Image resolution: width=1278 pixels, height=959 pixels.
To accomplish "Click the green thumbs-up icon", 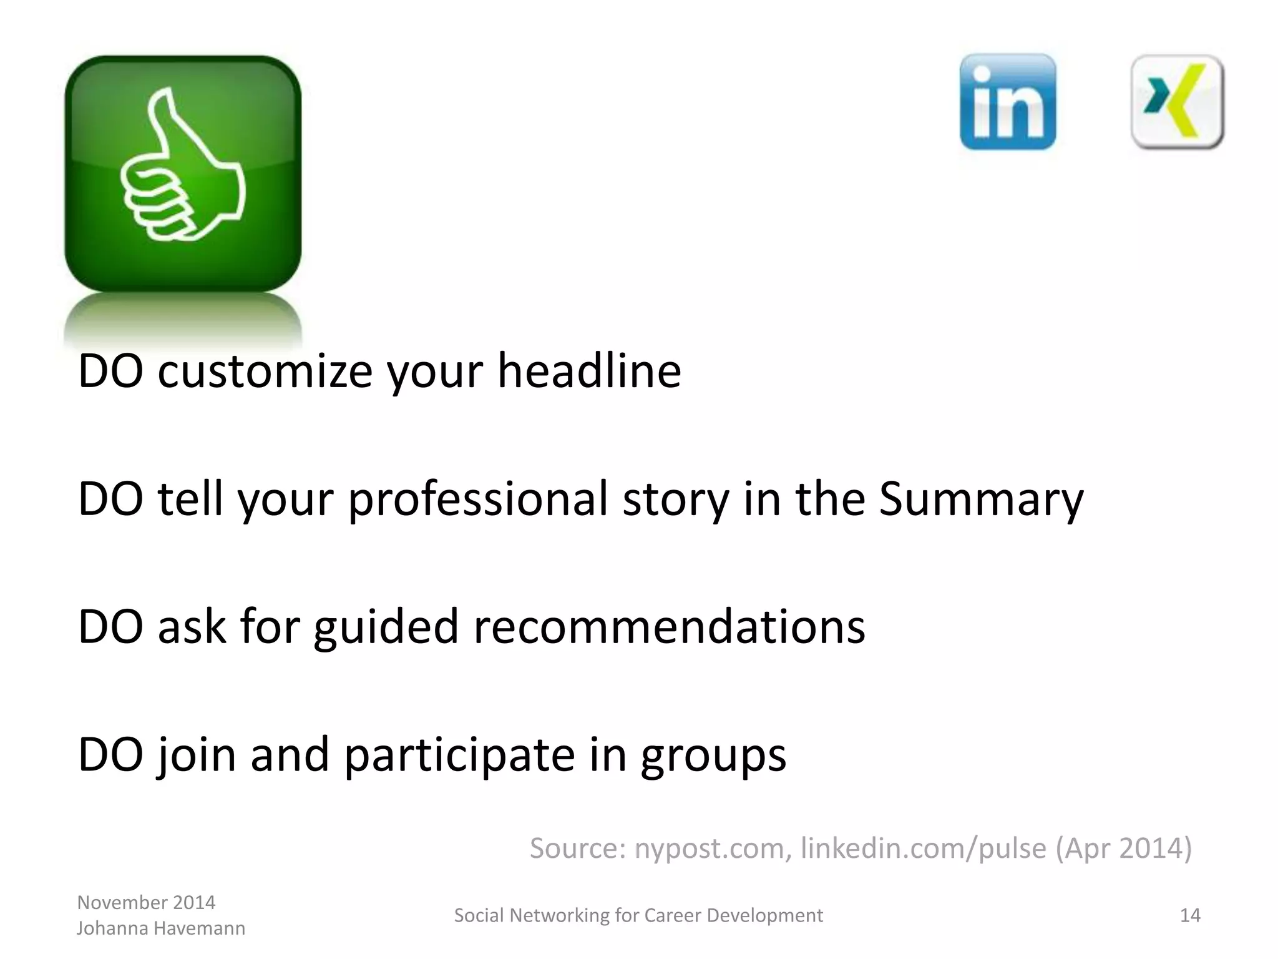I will pyautogui.click(x=183, y=173).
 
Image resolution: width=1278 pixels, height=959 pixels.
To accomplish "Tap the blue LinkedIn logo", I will pyautogui.click(x=1008, y=102).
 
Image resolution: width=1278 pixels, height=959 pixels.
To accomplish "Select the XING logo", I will pyautogui.click(x=1177, y=102).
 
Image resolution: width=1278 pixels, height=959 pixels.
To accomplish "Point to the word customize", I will pyautogui.click(x=265, y=372).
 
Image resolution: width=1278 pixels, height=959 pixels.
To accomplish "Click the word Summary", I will pyautogui.click(x=981, y=499).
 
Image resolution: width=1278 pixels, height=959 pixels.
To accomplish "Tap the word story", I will pyautogui.click(x=676, y=499).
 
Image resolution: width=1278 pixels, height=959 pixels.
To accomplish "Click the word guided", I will pyautogui.click(x=386, y=628).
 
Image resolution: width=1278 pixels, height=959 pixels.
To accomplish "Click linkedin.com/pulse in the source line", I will pyautogui.click(x=923, y=848).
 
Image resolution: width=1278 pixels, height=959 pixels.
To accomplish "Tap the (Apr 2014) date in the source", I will pyautogui.click(x=1123, y=848).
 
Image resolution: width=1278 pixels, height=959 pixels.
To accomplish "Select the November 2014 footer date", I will pyautogui.click(x=146, y=902).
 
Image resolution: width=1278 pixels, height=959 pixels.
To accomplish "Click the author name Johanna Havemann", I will pyautogui.click(x=161, y=928).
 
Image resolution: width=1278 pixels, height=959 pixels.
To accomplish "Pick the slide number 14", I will pyautogui.click(x=1190, y=915).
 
